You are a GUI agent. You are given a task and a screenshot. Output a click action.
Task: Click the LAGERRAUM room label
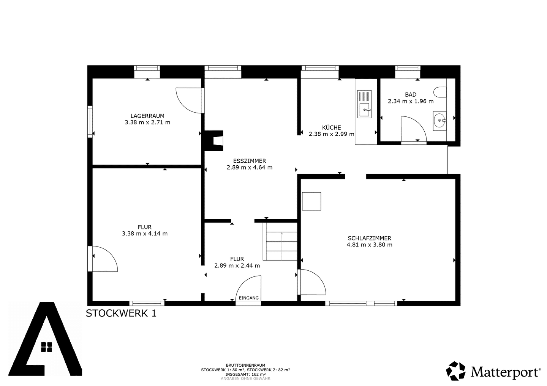tap(147, 116)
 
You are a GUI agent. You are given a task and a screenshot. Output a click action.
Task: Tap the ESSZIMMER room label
tap(249, 161)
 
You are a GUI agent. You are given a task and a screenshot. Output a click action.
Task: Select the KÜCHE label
tap(331, 127)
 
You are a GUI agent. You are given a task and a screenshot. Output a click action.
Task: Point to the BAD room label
tap(411, 94)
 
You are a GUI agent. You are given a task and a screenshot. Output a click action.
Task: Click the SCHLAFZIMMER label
tap(369, 238)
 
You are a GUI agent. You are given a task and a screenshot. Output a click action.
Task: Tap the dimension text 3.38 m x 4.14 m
tap(145, 234)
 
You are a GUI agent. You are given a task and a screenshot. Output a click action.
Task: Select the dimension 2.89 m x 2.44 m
tap(237, 266)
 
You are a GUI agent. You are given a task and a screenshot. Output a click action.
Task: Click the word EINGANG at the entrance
tap(248, 298)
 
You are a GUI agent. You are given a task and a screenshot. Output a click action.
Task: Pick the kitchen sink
tap(364, 104)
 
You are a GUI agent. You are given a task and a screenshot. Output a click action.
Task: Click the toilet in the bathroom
tap(440, 92)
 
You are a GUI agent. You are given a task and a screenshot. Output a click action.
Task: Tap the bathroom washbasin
tap(440, 121)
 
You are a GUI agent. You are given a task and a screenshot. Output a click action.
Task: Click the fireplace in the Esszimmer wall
tap(214, 141)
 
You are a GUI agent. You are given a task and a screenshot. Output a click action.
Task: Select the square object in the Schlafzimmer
tap(311, 201)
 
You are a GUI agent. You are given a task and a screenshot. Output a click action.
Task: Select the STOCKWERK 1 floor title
tap(121, 313)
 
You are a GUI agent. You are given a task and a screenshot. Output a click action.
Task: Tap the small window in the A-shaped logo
tap(46, 347)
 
